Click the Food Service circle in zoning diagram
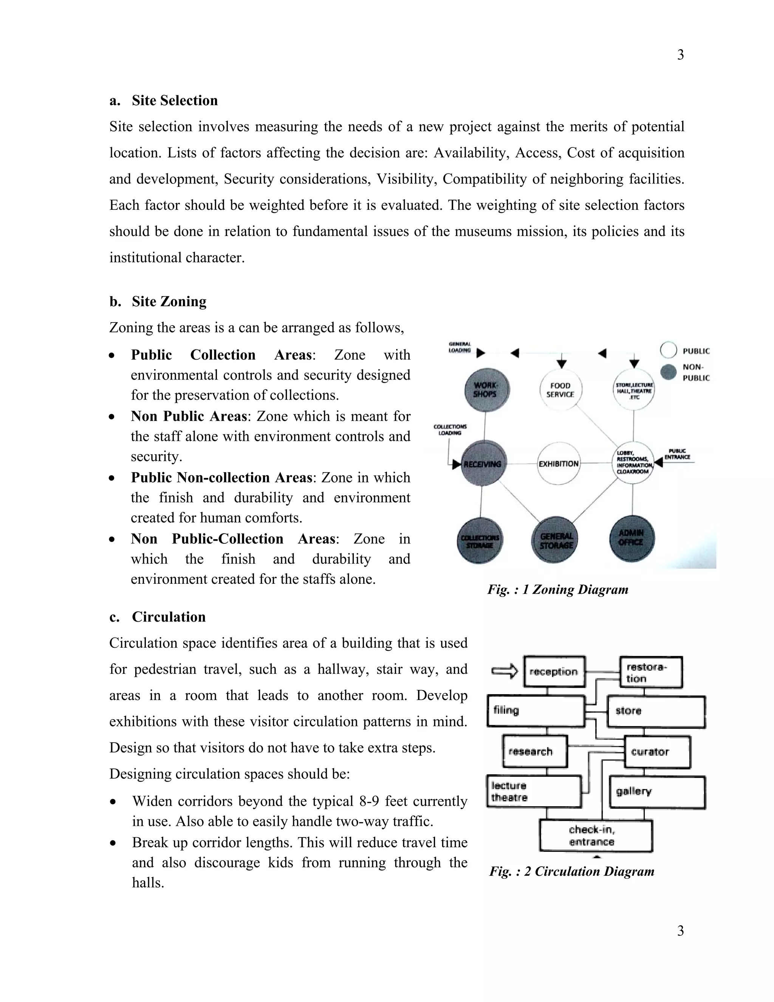(x=560, y=389)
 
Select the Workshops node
(x=486, y=389)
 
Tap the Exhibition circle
(x=559, y=464)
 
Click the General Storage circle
(x=556, y=540)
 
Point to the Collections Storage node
(x=480, y=541)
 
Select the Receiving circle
(x=483, y=464)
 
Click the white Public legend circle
(x=668, y=350)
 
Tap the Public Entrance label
(x=677, y=454)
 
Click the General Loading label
(x=460, y=347)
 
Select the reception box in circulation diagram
(x=554, y=672)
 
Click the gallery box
(x=656, y=792)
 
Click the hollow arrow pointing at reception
(x=504, y=672)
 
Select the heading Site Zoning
(x=169, y=301)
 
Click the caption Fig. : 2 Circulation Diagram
(x=571, y=871)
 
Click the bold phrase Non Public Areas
(x=189, y=416)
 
